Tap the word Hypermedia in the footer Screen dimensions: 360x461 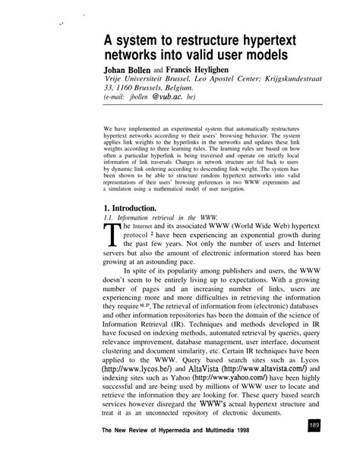[x=195, y=450]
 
